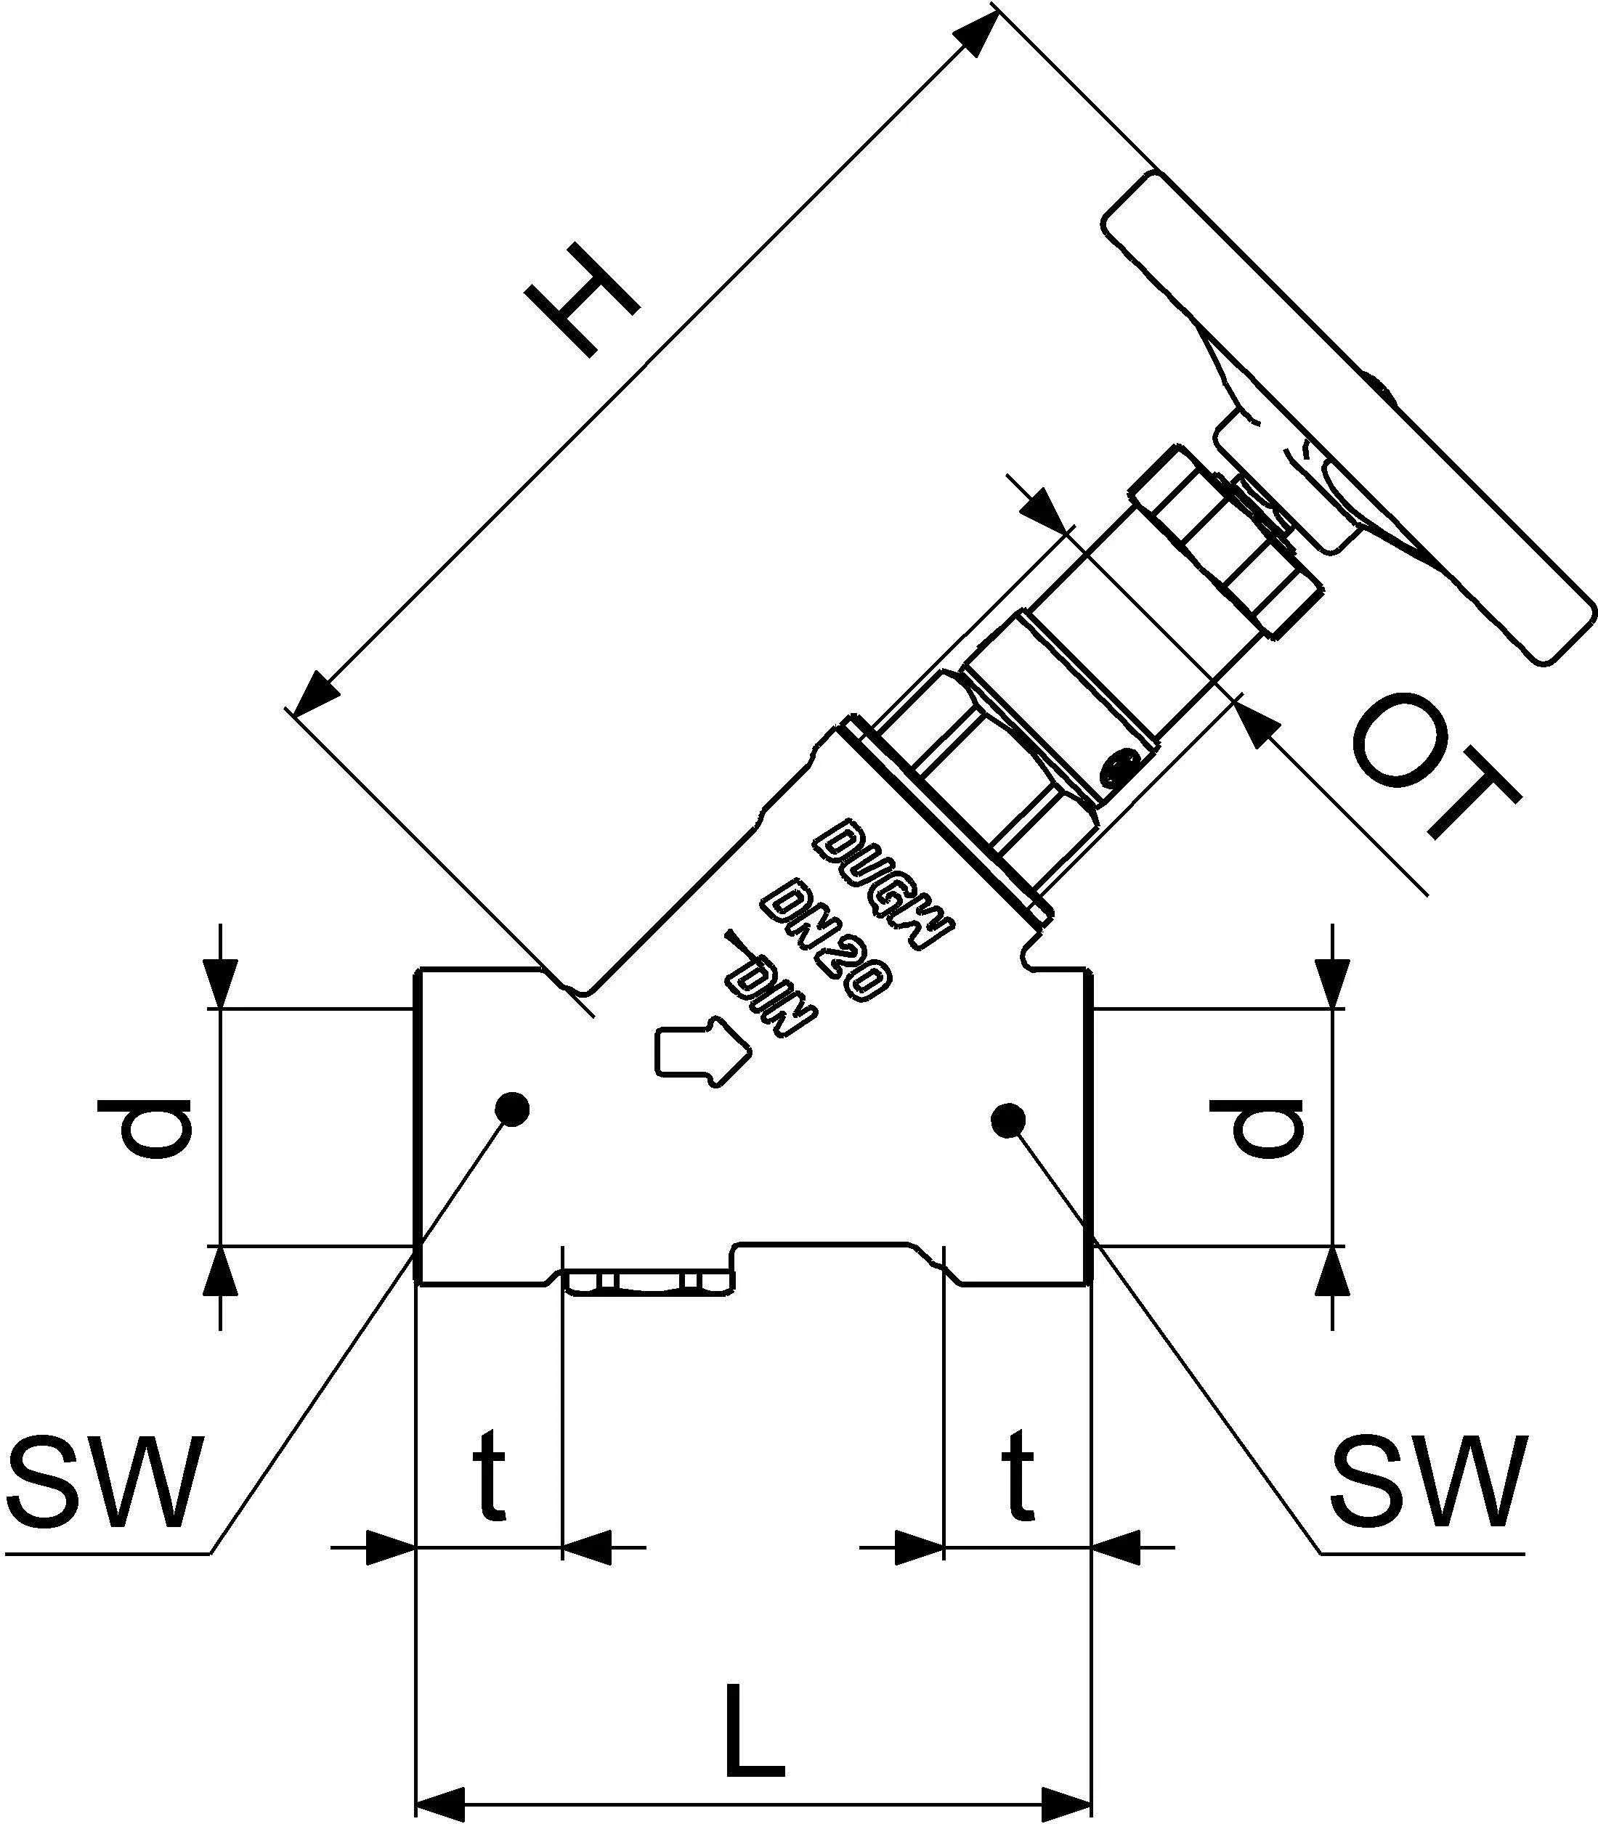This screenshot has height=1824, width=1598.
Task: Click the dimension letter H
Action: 584,301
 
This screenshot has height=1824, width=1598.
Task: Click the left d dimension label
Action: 156,1128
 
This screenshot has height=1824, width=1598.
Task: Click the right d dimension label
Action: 1256,1128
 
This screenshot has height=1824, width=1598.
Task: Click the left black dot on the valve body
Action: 512,1109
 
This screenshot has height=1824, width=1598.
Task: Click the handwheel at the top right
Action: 1347,419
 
